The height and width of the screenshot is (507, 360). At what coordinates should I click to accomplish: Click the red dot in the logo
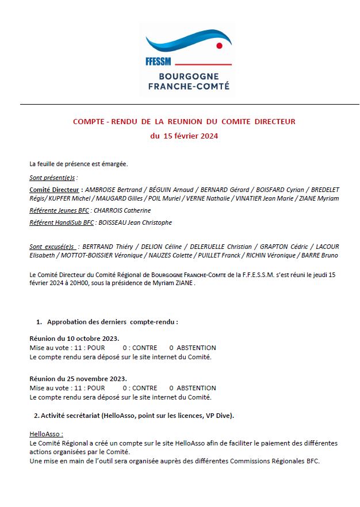tap(219, 45)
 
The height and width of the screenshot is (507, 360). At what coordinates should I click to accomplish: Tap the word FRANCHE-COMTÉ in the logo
tap(189, 86)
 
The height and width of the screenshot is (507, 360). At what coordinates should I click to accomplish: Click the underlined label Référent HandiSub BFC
tap(62, 222)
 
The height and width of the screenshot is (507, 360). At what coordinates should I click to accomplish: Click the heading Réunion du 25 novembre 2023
tap(78, 379)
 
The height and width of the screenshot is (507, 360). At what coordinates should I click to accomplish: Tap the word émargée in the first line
tap(115, 164)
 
